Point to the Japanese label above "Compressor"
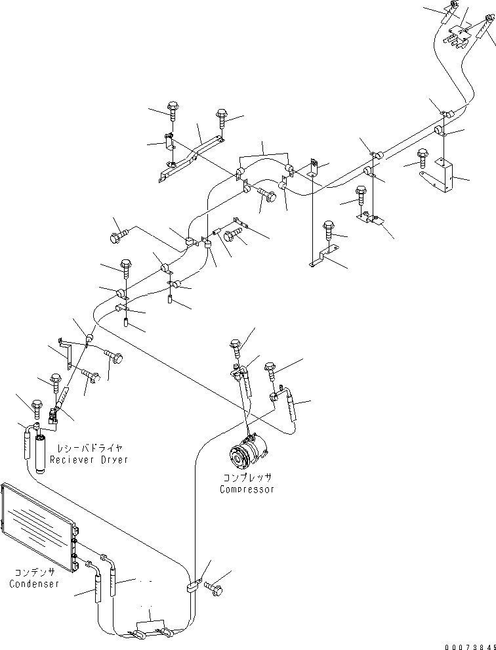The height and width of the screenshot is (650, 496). [x=246, y=479]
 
